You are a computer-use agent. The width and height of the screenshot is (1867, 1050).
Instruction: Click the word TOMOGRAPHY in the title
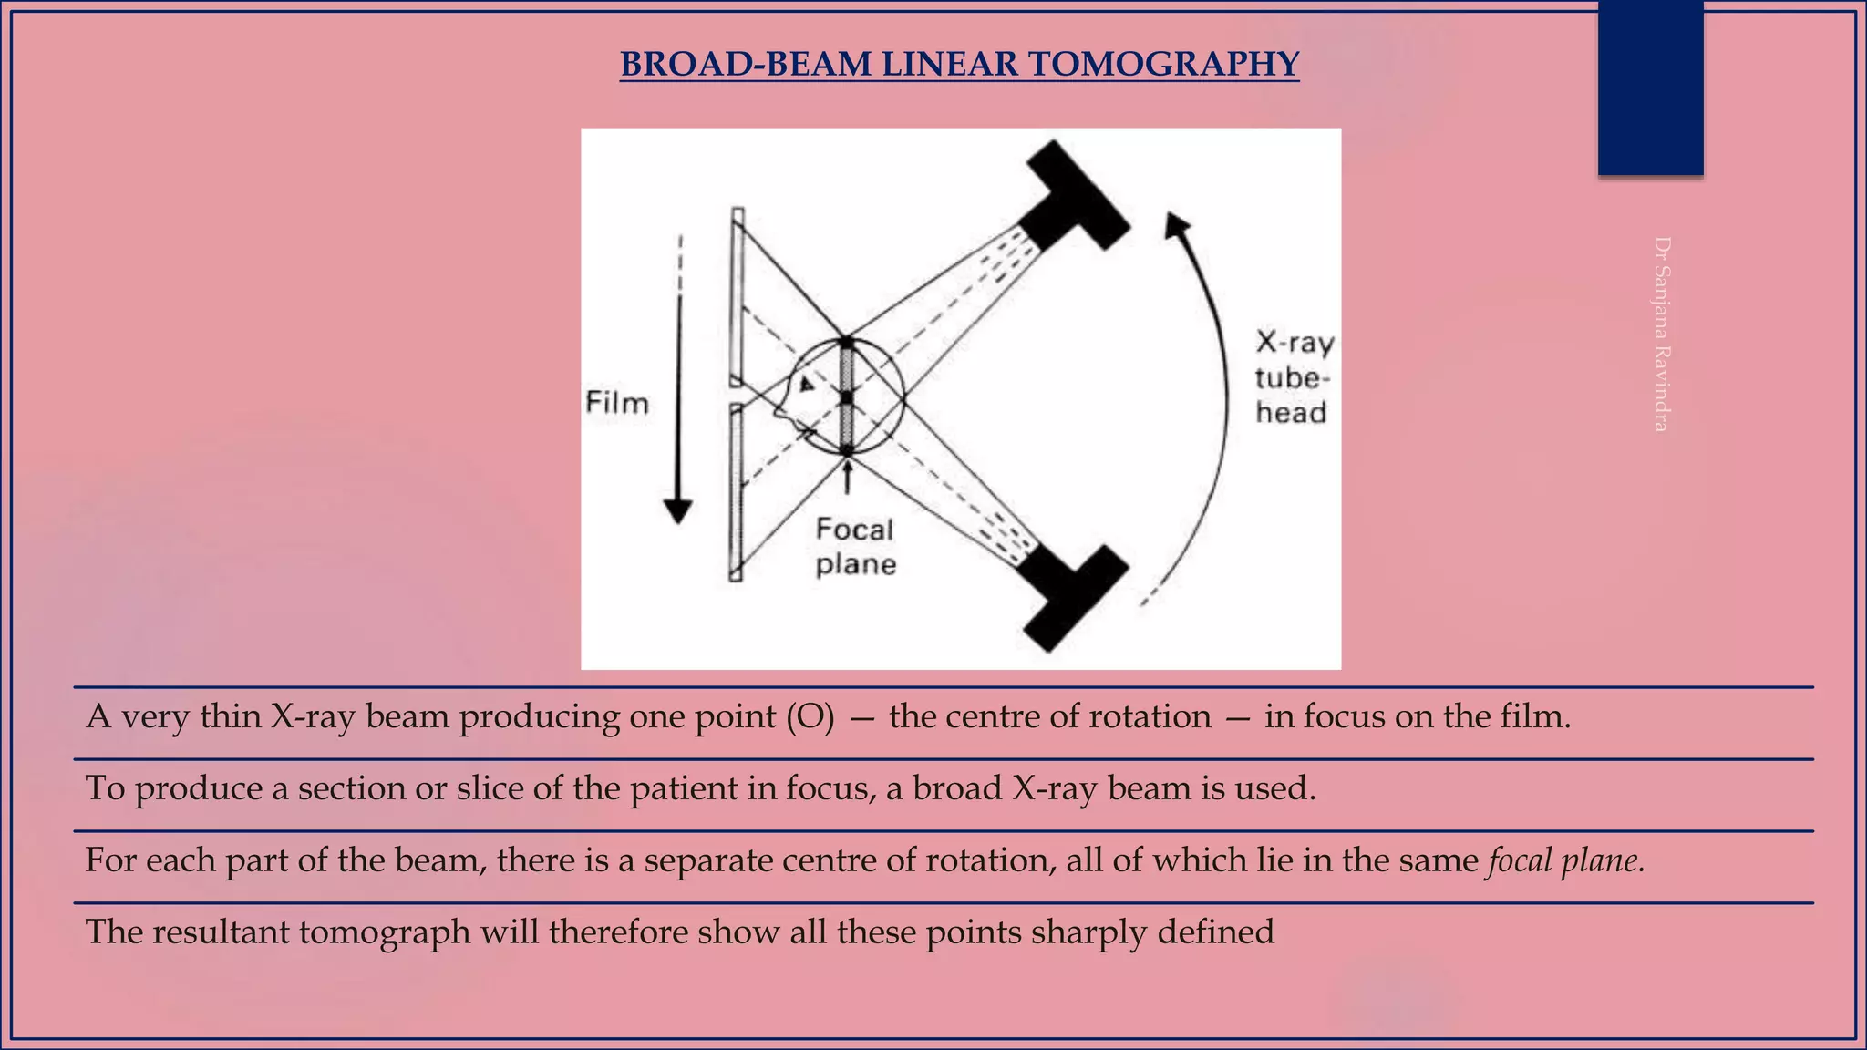[1163, 65]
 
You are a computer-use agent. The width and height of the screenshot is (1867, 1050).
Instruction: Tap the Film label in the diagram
[617, 403]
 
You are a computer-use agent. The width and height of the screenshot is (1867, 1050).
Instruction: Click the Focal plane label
[855, 547]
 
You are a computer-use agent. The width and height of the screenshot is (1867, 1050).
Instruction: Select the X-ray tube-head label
[1293, 377]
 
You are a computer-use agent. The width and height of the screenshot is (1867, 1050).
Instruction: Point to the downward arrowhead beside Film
[678, 511]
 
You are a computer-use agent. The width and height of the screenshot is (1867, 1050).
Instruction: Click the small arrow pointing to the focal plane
[848, 477]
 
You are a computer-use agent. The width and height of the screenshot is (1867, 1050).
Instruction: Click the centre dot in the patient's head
[847, 397]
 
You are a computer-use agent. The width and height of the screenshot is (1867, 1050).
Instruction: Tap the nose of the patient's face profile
[778, 413]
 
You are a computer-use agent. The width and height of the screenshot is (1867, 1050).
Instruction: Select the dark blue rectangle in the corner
[1650, 87]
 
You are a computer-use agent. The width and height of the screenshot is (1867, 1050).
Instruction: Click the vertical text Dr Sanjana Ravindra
[1661, 334]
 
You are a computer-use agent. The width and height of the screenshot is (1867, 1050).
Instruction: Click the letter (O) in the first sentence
[810, 717]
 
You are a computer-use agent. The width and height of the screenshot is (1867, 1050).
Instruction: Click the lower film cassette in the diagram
[736, 492]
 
